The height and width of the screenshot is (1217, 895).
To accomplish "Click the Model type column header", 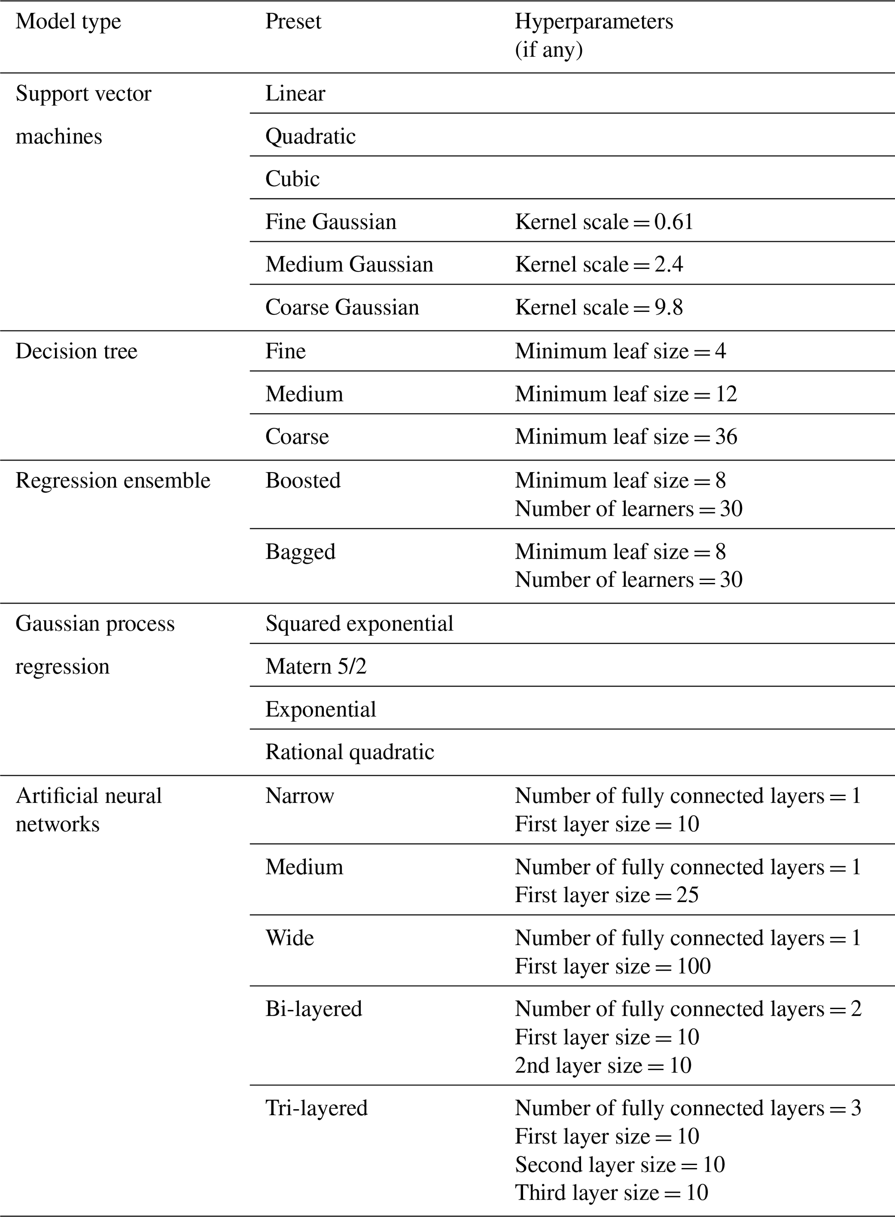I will tap(68, 22).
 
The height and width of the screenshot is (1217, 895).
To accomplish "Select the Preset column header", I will tap(293, 22).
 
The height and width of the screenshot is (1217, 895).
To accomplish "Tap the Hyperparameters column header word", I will tap(594, 22).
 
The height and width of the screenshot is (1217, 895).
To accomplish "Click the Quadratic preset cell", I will tap(310, 136).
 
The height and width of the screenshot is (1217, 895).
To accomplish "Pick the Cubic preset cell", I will tap(293, 179).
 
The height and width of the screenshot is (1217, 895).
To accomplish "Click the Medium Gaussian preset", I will tap(349, 265).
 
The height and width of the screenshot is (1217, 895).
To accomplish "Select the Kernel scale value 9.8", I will tap(669, 307).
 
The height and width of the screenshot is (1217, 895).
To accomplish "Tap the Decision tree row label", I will tap(76, 351).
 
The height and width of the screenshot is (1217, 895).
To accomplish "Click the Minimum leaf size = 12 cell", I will tap(626, 394).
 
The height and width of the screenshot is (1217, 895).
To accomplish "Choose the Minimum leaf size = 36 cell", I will tap(626, 437).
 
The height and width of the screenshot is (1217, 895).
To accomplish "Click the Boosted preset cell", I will tap(303, 481).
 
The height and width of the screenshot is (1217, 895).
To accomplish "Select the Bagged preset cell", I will tap(300, 552).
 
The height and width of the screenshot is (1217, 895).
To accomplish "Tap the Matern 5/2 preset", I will tap(316, 667).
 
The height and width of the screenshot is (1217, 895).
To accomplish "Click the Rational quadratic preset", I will tap(349, 752).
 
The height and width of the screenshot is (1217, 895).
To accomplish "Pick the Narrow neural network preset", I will tap(300, 796).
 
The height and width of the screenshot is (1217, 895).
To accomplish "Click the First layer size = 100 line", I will tap(612, 966).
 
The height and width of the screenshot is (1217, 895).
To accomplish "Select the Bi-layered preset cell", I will tap(313, 1009).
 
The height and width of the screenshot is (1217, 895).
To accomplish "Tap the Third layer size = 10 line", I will tap(611, 1193).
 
